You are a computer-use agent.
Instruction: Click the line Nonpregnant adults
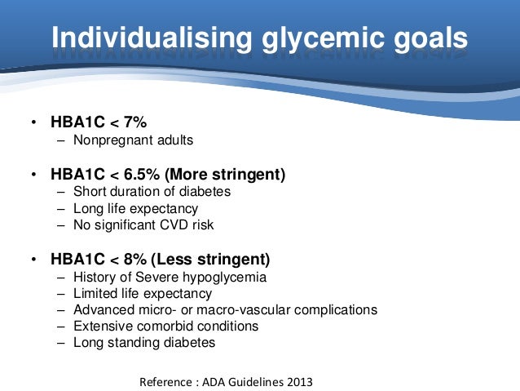133,140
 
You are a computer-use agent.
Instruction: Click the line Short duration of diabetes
152,192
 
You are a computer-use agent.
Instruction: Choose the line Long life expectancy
135,208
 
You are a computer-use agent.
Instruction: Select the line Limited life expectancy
143,294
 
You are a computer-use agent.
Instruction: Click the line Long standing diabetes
144,343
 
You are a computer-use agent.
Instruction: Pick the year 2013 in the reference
297,382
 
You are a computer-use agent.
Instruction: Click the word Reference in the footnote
166,382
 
